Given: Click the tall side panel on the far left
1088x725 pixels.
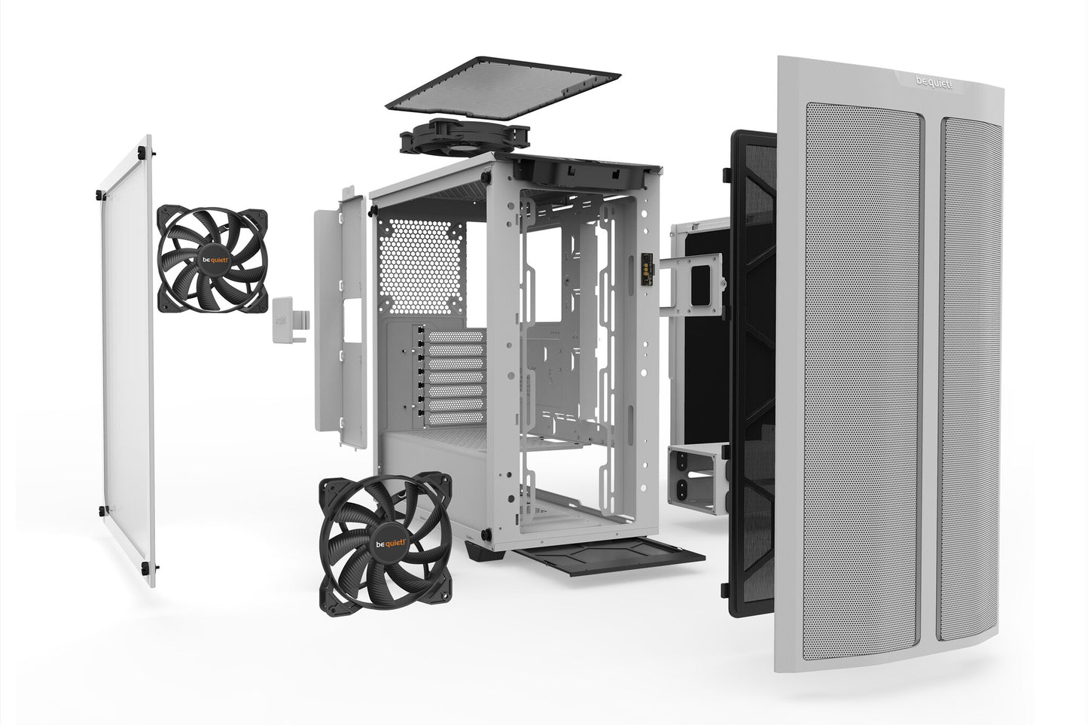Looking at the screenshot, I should pyautogui.click(x=128, y=361).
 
